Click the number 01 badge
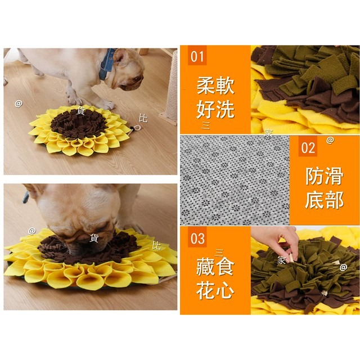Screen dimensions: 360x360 pyautogui.click(x=197, y=56)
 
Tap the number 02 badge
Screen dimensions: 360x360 pyautogui.click(x=308, y=148)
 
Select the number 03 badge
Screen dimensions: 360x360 pyautogui.click(x=197, y=238)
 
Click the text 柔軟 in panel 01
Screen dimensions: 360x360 pyautogui.click(x=215, y=87)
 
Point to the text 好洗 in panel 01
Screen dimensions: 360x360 pyautogui.click(x=215, y=108)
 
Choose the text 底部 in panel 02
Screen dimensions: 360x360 pyautogui.click(x=325, y=199)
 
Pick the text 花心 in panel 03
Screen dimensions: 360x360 pyautogui.click(x=215, y=290)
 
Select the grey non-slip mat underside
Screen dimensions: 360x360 pyautogui.click(x=233, y=180)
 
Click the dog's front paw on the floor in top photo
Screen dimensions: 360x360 pyautogui.click(x=107, y=104)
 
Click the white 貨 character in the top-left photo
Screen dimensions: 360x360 pyautogui.click(x=81, y=111)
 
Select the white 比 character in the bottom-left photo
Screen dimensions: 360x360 pyautogui.click(x=156, y=245)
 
